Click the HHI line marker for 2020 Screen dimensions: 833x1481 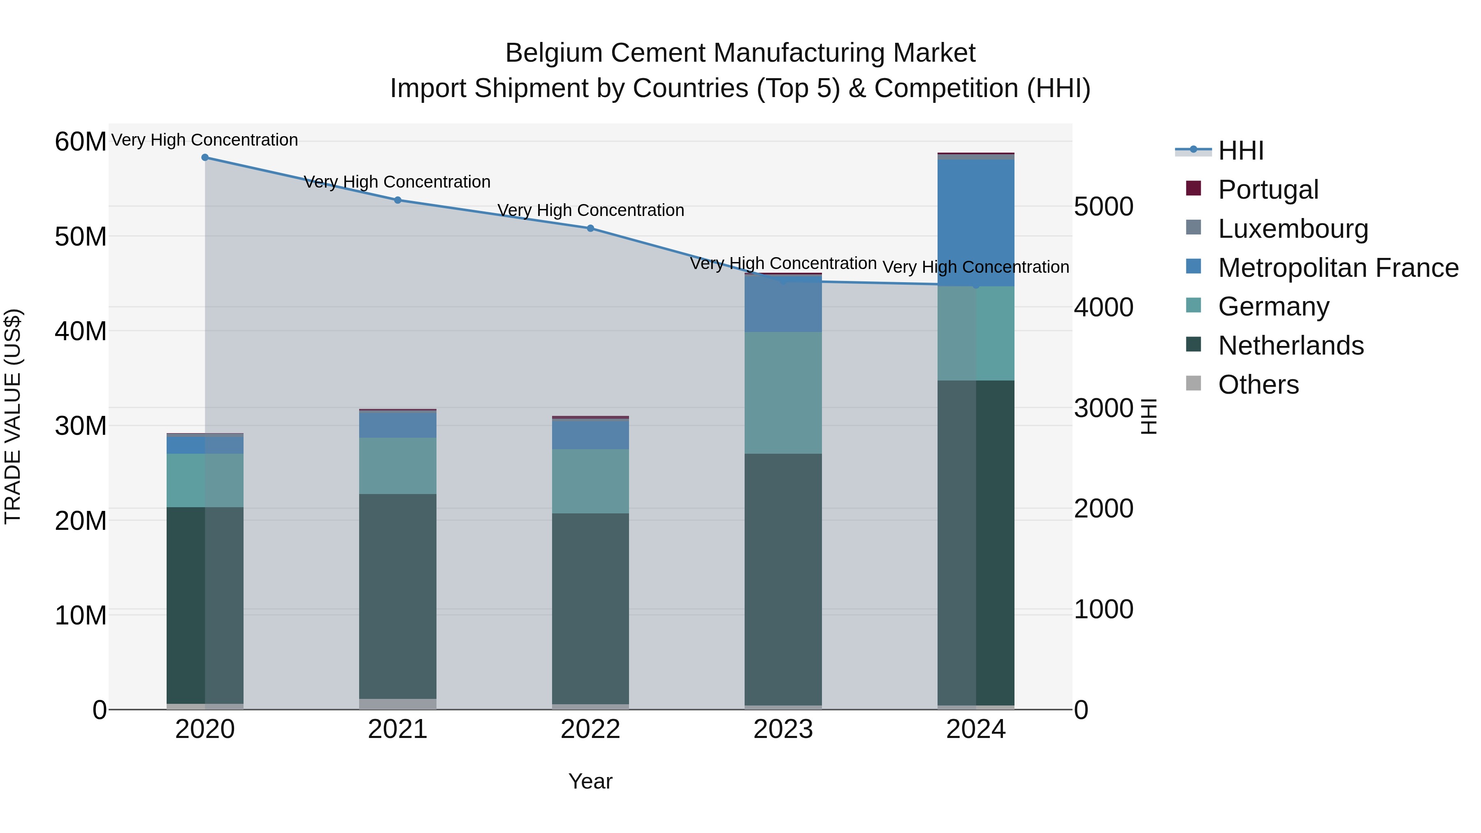point(205,158)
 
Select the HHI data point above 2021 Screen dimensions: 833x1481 point(397,200)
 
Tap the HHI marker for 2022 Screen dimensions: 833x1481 point(590,228)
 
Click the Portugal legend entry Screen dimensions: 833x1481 point(1268,190)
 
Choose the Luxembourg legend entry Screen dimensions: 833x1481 point(1293,229)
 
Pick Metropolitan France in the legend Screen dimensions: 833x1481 point(1337,268)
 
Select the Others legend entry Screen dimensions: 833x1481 point(1258,385)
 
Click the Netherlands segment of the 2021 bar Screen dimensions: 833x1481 point(397,595)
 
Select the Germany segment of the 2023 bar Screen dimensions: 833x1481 point(782,393)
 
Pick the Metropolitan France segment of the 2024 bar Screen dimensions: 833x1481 point(976,223)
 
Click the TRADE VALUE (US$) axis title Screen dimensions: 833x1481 point(13,416)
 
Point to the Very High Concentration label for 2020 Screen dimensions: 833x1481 point(205,140)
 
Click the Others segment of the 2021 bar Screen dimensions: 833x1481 point(397,704)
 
